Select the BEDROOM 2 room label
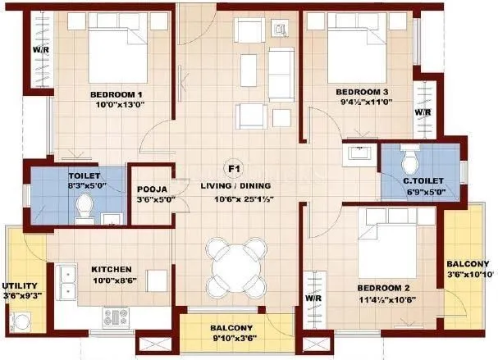(x=384, y=289)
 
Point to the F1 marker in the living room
(x=234, y=170)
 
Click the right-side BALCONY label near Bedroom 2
(x=468, y=264)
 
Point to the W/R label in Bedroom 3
(x=423, y=112)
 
